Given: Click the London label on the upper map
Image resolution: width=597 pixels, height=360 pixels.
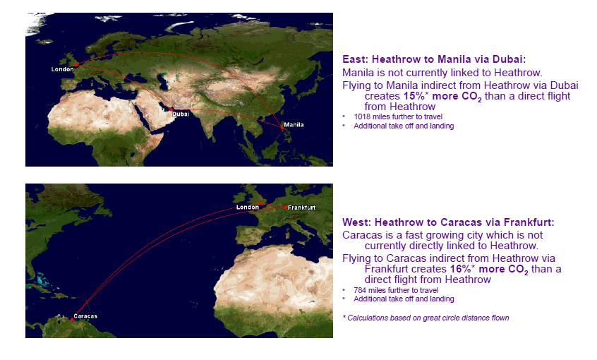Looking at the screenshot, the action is pyautogui.click(x=62, y=69).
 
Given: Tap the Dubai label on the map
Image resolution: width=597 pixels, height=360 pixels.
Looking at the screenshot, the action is pyautogui.click(x=181, y=114).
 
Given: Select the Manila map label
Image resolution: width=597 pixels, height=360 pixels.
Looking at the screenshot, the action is pyautogui.click(x=294, y=124).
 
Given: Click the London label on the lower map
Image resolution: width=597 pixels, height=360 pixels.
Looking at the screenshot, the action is pyautogui.click(x=248, y=208).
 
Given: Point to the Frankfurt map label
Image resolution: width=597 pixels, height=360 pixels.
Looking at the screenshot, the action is pyautogui.click(x=301, y=208).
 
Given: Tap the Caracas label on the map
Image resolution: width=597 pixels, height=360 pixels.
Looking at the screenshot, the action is pyautogui.click(x=85, y=316).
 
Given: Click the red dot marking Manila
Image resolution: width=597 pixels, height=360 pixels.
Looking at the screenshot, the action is pyautogui.click(x=282, y=128).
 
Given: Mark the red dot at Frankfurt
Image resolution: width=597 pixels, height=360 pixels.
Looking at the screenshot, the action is pyautogui.click(x=286, y=208).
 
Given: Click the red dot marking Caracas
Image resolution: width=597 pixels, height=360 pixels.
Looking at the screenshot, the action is pyautogui.click(x=72, y=320).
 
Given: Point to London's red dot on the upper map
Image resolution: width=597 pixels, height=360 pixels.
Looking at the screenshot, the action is pyautogui.click(x=76, y=65).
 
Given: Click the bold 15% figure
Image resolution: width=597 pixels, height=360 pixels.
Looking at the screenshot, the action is pyautogui.click(x=414, y=96).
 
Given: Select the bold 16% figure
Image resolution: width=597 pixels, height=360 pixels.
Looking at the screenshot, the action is pyautogui.click(x=461, y=269).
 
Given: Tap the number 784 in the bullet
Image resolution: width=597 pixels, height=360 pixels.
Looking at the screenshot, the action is pyautogui.click(x=360, y=290).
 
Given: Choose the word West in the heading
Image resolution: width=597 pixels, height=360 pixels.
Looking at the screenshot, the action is pyautogui.click(x=355, y=222).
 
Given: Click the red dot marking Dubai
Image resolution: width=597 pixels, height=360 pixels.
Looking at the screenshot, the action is pyautogui.click(x=171, y=109).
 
